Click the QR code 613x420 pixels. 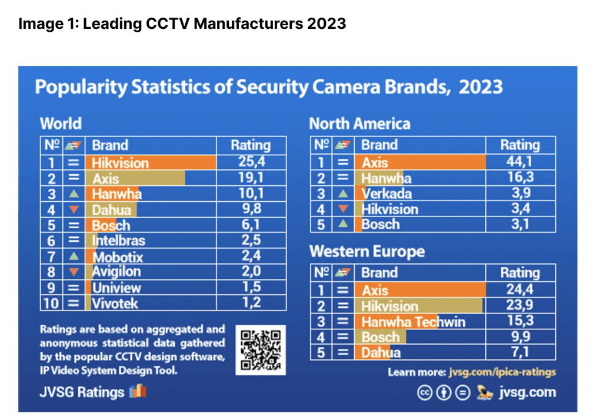pos(261,350)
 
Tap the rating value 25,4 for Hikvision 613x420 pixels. pos(252,162)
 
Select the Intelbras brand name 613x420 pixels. pos(118,241)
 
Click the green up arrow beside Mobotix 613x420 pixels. pos(74,256)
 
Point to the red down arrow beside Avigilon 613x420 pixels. pos(74,272)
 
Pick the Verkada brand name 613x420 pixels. pos(387,194)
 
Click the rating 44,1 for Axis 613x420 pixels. pos(520,162)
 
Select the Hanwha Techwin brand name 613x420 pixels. pos(413,322)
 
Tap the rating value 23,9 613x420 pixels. pos(520,305)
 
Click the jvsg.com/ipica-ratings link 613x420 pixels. pos(502,372)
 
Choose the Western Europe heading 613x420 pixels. pos(367,251)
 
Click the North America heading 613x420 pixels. pos(359,124)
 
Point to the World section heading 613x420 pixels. pos(61,124)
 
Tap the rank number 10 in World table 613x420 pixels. pos(51,303)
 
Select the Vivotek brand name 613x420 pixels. pos(115,304)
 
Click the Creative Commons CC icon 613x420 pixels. pos(425,392)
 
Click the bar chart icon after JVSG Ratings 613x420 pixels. pos(138,391)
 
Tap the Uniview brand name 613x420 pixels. pos(116,288)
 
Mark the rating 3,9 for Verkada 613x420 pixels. pos(521,193)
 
